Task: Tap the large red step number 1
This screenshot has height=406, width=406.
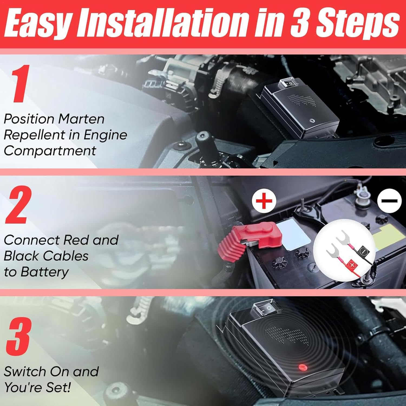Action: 19,84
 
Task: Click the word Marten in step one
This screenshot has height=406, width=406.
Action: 81,119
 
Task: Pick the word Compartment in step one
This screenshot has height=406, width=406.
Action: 50,151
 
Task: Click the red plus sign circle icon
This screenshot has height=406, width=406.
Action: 264,201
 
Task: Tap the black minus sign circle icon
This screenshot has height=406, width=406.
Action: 389,201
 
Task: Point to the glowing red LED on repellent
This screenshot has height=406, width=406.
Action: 301,367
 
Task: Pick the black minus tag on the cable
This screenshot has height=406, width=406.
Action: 364,251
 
